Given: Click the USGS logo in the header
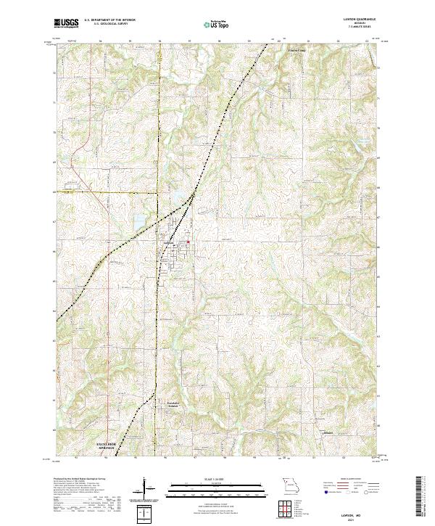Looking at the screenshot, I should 66,24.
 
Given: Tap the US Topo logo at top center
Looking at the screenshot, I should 210,23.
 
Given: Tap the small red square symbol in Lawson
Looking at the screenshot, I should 188,242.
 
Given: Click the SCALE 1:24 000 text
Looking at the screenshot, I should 210,479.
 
